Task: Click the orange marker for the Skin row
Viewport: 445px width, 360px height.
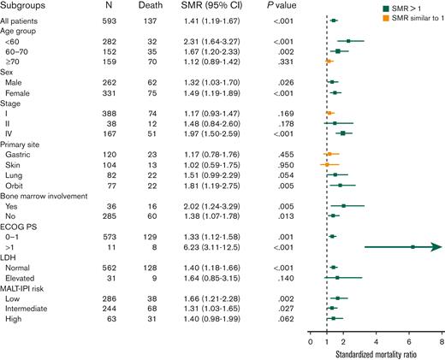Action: pyautogui.click(x=327, y=162)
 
